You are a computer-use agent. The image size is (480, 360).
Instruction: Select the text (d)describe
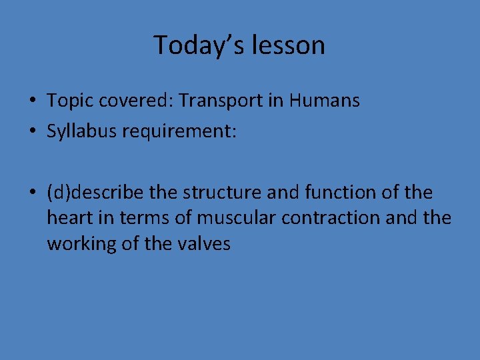coord(95,193)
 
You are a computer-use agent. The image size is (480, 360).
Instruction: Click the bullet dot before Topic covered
coord(33,102)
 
